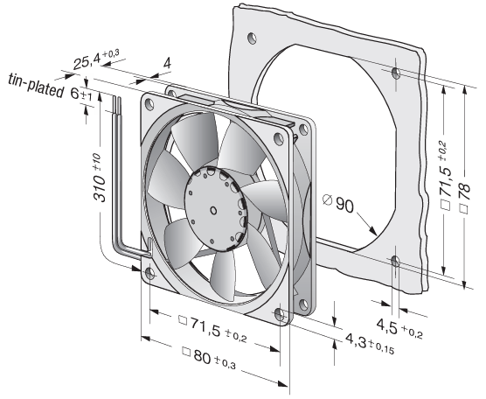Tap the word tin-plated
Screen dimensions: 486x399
(36, 85)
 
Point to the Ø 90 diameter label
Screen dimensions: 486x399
(338, 204)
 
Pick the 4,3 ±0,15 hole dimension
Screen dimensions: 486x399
(370, 344)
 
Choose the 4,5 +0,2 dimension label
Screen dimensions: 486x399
(399, 329)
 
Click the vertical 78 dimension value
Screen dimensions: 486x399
(464, 198)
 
